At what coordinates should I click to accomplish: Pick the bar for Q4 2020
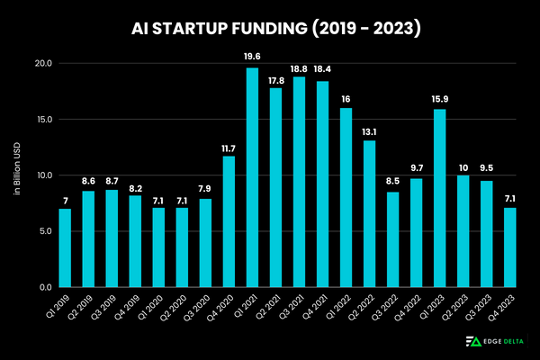pos(229,221)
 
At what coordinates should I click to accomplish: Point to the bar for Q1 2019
pos(65,247)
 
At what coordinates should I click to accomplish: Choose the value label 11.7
pos(229,148)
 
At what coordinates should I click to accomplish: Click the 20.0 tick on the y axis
pos(43,64)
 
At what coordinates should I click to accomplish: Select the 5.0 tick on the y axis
pos(45,231)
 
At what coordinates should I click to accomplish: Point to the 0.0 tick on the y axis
pos(45,287)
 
